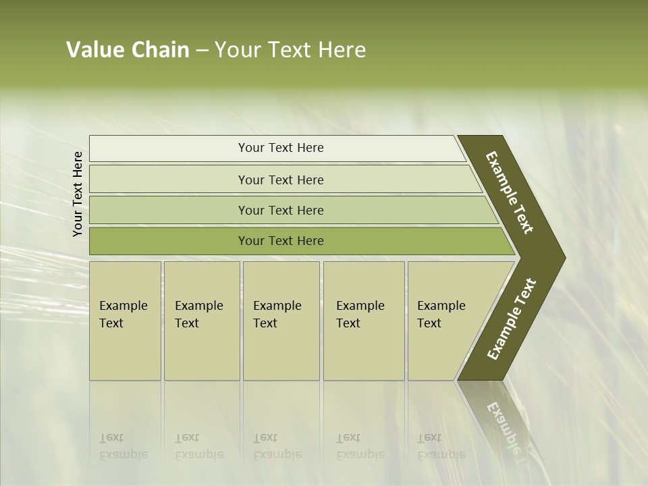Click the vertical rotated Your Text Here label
tap(78, 194)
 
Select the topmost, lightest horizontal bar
tap(280, 148)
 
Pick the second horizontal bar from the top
tap(280, 180)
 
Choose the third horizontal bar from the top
tap(280, 210)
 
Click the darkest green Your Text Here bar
tap(280, 241)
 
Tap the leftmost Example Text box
tap(125, 321)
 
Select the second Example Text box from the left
tap(201, 321)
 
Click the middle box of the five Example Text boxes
tap(281, 321)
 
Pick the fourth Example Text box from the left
tap(363, 321)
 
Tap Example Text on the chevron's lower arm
tap(511, 319)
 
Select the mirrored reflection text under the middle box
tap(277, 446)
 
